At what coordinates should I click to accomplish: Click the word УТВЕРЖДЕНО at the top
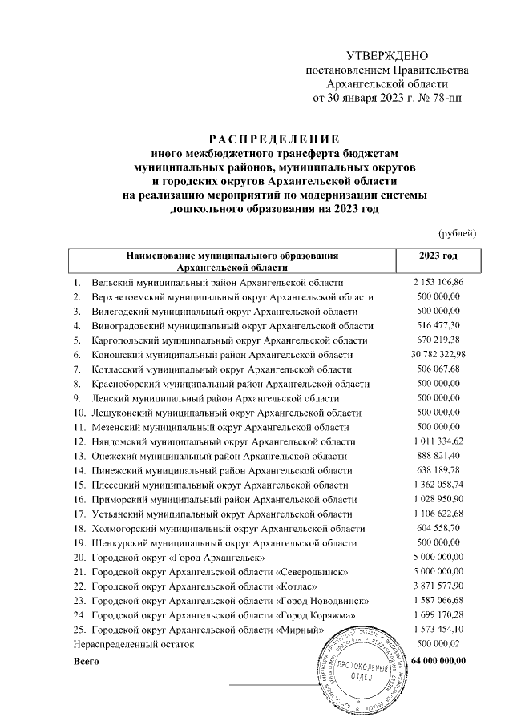click(388, 56)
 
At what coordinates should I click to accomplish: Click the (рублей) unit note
click(458, 233)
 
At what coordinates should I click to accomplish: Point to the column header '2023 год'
click(438, 256)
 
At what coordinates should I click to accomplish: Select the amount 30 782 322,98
click(438, 355)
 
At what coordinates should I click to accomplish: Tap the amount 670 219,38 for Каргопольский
click(438, 340)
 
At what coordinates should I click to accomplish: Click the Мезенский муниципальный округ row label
click(216, 427)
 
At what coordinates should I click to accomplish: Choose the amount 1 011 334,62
click(438, 441)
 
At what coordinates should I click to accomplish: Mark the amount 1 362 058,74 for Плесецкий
click(438, 485)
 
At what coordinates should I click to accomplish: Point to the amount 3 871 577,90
click(438, 586)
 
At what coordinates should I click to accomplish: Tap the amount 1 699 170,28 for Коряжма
click(438, 614)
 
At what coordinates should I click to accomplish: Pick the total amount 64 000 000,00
click(438, 659)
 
